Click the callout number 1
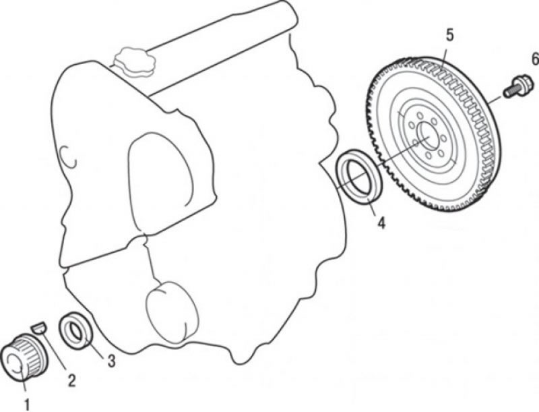tap(27, 404)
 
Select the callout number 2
tap(71, 381)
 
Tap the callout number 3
tap(111, 361)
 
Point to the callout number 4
tap(381, 223)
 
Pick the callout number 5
tap(449, 35)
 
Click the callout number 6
tap(535, 59)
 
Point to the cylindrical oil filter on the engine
tap(172, 312)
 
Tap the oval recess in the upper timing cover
tap(161, 182)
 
